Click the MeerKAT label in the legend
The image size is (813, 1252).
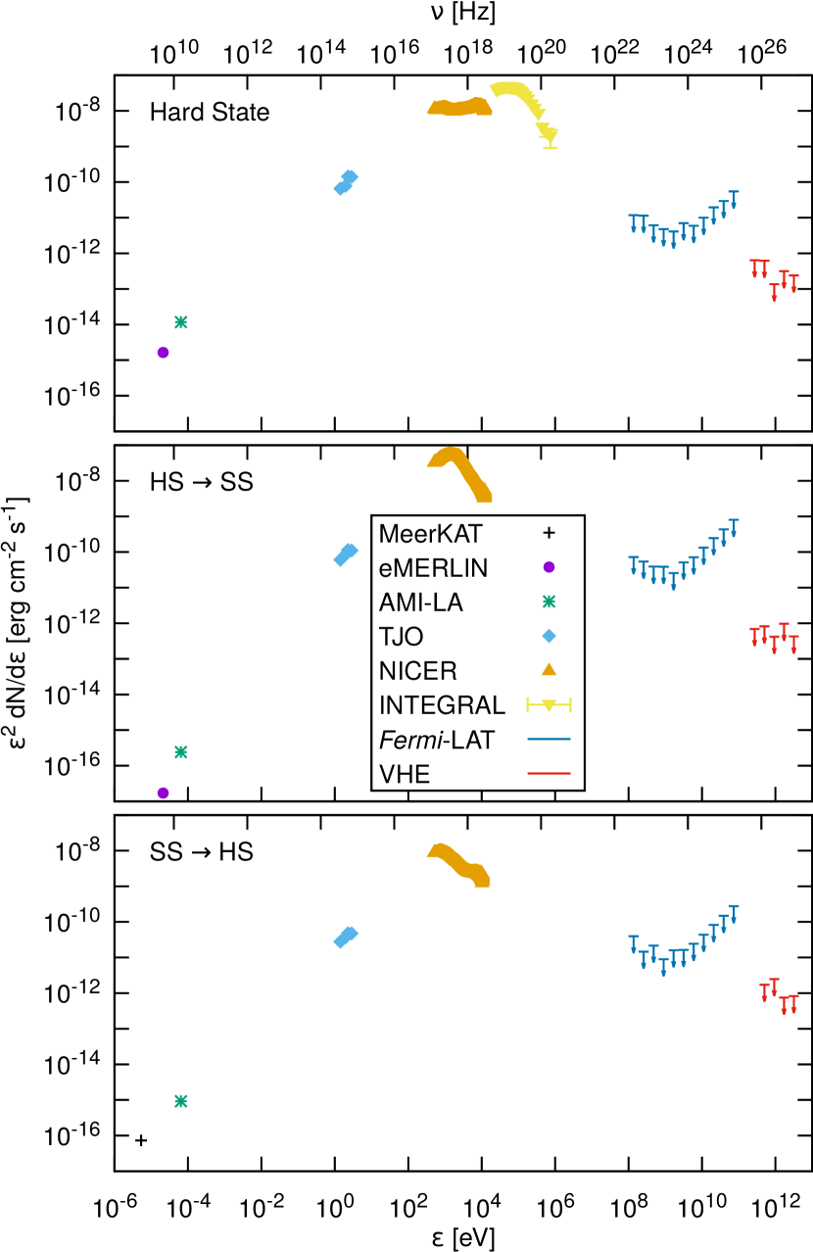(x=430, y=534)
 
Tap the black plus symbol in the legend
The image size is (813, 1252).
(x=549, y=533)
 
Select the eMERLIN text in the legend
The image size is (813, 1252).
(x=433, y=568)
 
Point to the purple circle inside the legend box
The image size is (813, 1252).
(x=549, y=567)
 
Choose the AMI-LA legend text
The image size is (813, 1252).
(x=420, y=602)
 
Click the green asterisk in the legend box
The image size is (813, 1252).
(x=549, y=602)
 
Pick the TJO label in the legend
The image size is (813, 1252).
(x=401, y=637)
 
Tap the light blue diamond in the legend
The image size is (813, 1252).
(x=549, y=636)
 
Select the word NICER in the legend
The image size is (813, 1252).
(x=417, y=671)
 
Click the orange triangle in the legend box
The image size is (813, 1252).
(x=549, y=669)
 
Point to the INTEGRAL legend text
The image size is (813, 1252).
(x=442, y=705)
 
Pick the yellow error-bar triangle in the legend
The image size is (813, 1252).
(x=549, y=704)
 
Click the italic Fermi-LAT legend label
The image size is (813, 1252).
(x=437, y=740)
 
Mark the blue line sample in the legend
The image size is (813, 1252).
(x=549, y=739)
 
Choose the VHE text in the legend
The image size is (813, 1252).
(x=404, y=774)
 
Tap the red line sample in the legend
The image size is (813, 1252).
(x=549, y=773)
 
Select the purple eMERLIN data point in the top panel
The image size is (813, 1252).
(x=163, y=353)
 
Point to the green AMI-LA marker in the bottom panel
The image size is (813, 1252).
(x=180, y=1101)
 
